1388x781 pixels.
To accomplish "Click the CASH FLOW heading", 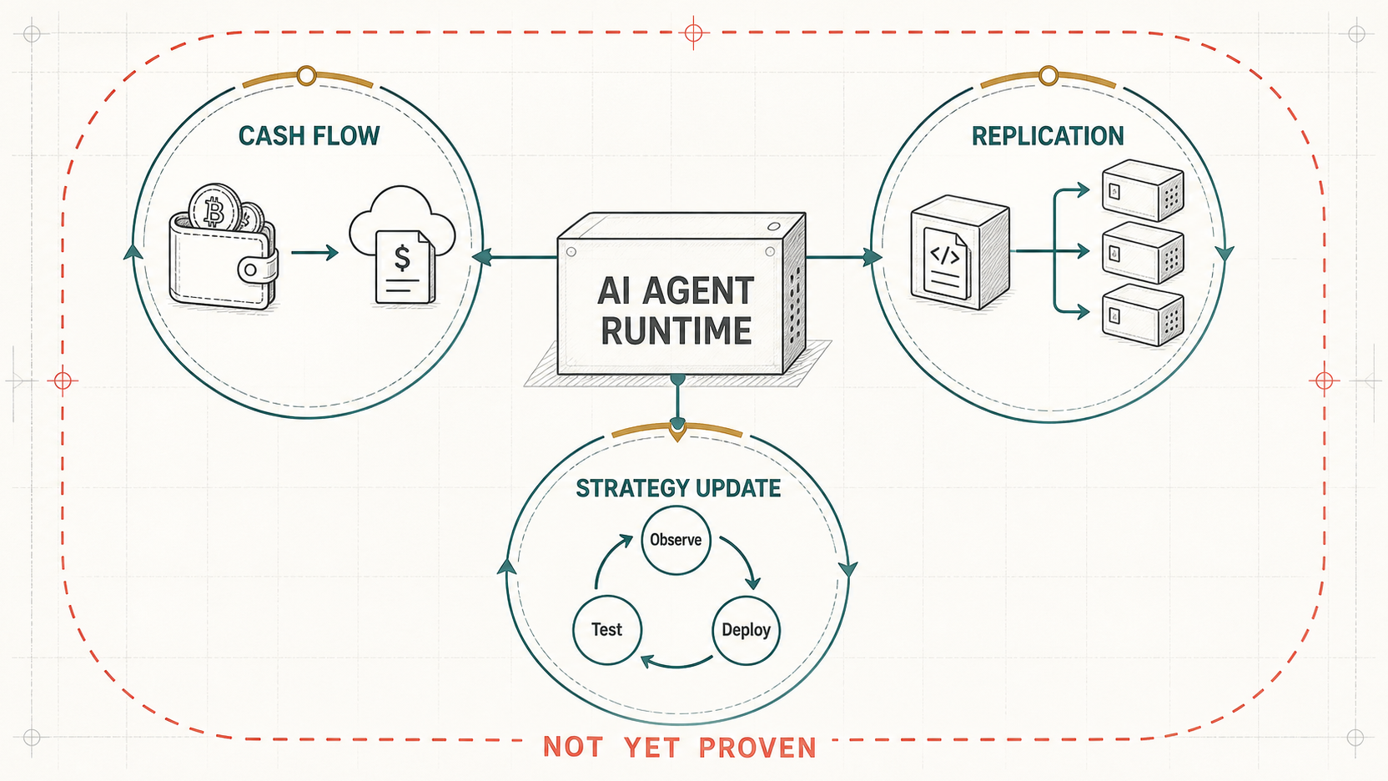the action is coord(309,136).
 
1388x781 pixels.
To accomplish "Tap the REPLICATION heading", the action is coord(1047,136).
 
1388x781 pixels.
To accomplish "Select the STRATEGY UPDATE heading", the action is coord(678,488).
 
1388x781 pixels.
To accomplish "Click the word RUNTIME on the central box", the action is coord(676,330).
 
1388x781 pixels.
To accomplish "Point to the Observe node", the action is coord(676,540).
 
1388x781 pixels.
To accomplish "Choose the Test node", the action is coord(606,630).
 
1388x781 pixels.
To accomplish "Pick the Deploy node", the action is coord(746,630).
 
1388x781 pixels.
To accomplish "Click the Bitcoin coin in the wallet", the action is coord(214,209).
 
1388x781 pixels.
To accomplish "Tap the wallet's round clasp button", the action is coord(250,270).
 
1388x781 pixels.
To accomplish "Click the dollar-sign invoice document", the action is coord(405,267).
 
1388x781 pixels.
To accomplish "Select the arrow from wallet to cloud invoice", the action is coord(314,252).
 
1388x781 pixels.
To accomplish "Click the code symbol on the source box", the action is coord(945,254).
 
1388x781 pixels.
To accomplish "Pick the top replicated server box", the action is coord(1143,190).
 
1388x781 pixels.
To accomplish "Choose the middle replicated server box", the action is coord(1143,252).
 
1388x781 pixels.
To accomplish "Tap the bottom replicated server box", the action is coord(1143,315).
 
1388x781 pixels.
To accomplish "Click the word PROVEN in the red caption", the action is coord(757,748).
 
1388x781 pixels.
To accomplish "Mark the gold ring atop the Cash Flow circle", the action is coord(306,76).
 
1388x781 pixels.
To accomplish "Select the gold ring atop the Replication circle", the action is coord(1048,76).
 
